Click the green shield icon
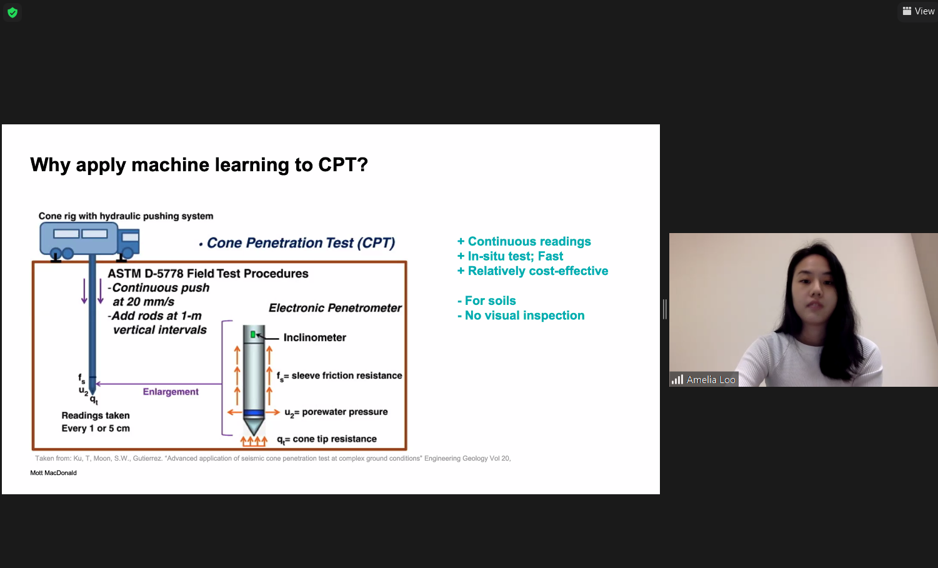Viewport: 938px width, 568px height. [12, 12]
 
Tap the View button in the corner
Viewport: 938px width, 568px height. [919, 11]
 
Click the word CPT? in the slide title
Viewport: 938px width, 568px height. [343, 164]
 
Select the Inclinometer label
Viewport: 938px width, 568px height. [315, 337]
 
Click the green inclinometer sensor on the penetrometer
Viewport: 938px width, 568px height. [253, 334]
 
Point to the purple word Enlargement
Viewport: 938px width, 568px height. [171, 392]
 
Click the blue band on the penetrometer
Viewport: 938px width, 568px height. [254, 414]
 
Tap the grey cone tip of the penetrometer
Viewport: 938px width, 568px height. [254, 426]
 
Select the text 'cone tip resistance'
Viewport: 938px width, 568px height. [334, 439]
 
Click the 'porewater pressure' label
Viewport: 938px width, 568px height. [344, 412]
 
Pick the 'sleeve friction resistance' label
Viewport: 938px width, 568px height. [347, 376]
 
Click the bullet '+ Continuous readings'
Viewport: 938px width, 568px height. [524, 242]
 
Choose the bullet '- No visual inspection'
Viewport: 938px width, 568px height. [521, 316]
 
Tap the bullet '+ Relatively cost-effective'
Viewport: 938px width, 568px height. [532, 271]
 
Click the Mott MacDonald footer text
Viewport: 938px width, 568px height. [53, 473]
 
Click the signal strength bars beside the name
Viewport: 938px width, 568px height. [677, 380]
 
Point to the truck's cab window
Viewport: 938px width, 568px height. [130, 237]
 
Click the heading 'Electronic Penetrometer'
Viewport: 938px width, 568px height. [335, 308]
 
